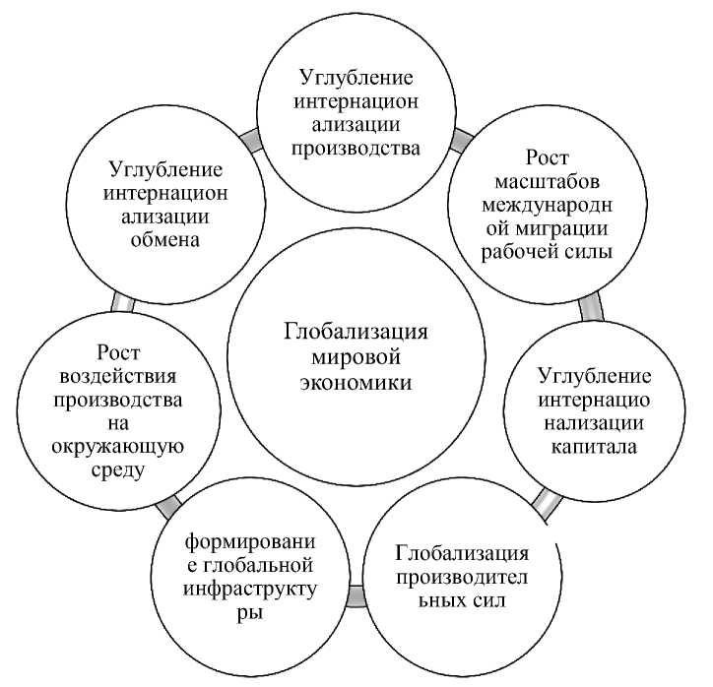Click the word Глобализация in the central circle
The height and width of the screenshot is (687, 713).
pos(356,331)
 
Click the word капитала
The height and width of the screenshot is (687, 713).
pos(593,445)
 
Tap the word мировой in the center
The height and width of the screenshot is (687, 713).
pos(356,355)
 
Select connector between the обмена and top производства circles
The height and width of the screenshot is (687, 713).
pos(252,142)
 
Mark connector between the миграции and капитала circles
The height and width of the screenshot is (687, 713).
pos(592,308)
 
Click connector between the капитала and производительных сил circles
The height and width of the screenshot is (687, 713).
pos(545,504)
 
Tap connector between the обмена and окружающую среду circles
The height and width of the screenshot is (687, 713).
pos(122,302)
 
